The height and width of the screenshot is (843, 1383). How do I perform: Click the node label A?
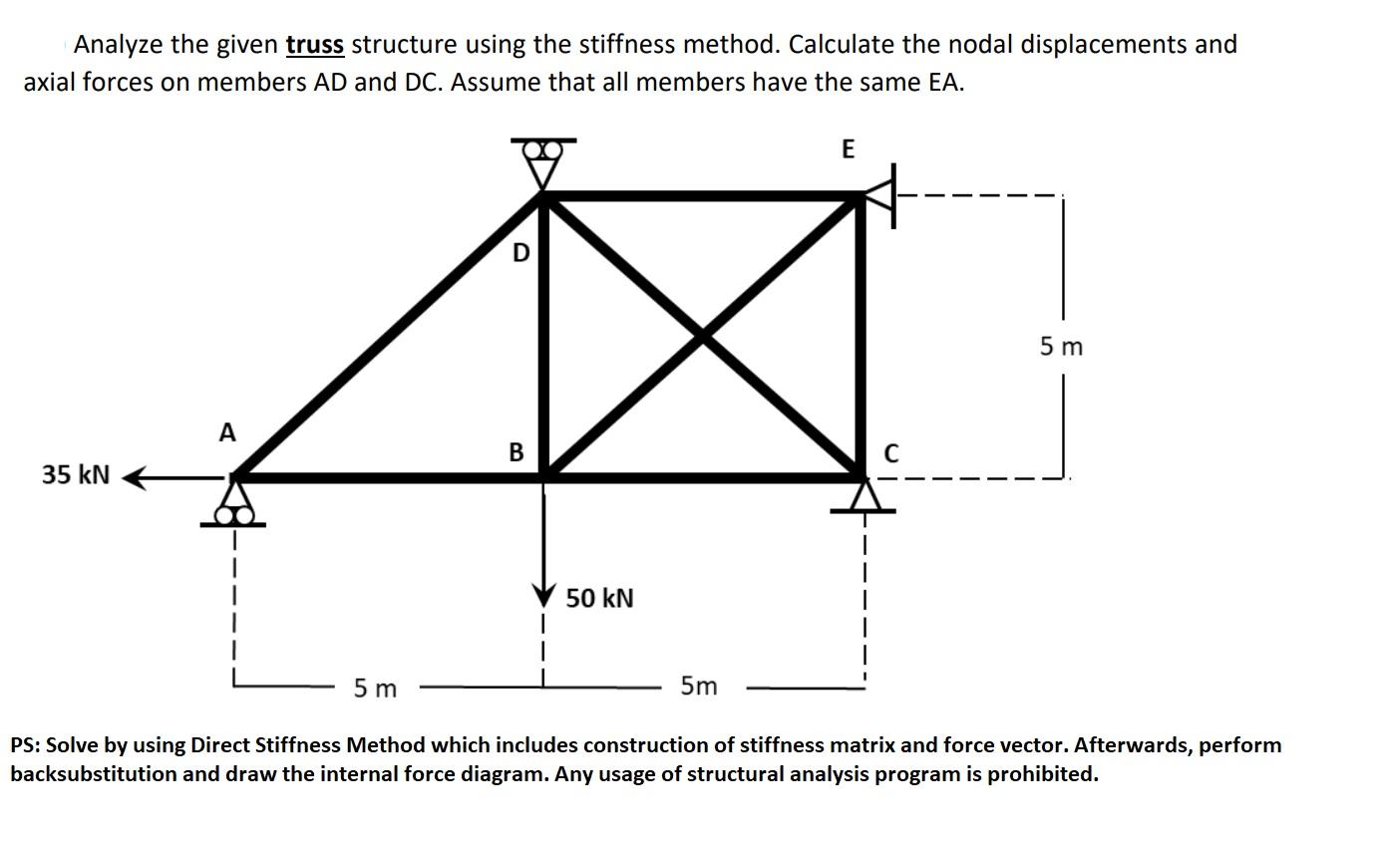[227, 433]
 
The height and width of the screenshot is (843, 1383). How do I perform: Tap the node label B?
[516, 452]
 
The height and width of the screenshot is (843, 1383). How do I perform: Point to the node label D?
[519, 254]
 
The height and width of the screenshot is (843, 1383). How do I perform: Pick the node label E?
[848, 149]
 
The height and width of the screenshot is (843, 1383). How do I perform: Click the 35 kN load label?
[76, 474]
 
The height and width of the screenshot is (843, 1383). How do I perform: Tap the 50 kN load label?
[599, 599]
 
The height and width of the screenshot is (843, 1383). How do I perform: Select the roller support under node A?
[234, 505]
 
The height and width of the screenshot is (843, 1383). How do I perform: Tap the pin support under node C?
[864, 497]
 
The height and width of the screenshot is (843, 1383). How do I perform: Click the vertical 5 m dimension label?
[1060, 347]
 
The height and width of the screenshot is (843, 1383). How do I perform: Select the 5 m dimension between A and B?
[375, 689]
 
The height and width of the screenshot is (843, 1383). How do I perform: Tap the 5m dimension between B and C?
[698, 687]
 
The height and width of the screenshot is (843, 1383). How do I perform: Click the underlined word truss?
[314, 45]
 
